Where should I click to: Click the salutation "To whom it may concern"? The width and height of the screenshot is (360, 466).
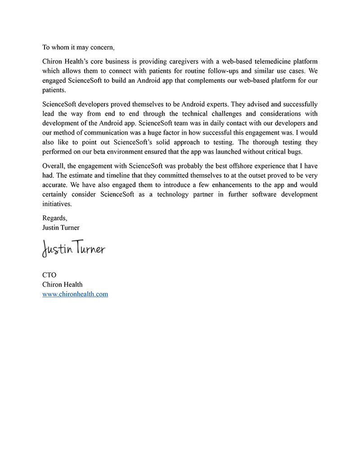[78, 47]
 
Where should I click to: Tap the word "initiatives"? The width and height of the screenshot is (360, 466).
[57, 204]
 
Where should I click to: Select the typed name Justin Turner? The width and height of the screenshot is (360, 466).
[61, 227]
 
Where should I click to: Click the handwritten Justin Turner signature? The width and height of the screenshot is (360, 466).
[74, 248]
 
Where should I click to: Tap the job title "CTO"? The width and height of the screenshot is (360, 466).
[49, 275]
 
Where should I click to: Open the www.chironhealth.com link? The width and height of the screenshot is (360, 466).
[75, 294]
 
